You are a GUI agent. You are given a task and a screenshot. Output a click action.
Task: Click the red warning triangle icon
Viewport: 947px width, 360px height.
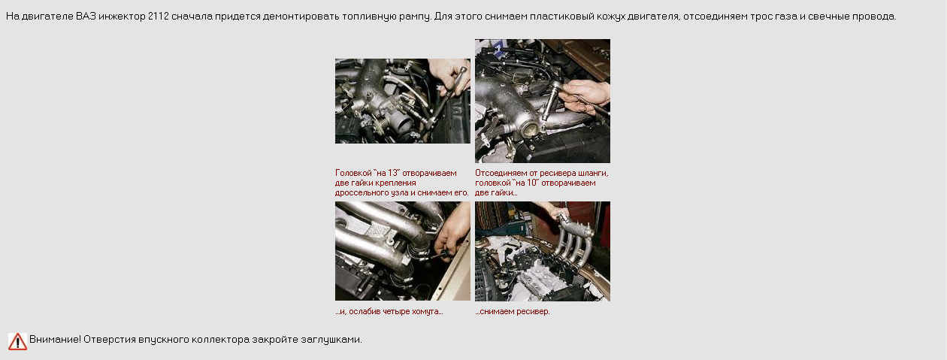tap(17, 341)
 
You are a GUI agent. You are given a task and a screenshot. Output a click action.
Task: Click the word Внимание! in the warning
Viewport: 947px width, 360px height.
tap(55, 339)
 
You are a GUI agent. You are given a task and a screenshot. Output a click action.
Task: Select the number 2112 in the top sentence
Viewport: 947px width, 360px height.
tap(159, 17)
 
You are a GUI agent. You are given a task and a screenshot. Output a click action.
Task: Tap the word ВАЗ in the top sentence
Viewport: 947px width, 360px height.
tap(86, 17)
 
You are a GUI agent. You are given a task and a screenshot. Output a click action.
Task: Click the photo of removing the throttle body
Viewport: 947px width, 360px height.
tap(403, 101)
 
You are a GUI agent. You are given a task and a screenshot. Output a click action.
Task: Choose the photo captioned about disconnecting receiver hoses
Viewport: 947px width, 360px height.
tap(543, 101)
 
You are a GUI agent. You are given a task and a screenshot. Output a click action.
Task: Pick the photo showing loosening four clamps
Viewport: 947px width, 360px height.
tap(403, 251)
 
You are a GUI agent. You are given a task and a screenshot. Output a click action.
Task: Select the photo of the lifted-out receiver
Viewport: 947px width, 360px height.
tap(543, 251)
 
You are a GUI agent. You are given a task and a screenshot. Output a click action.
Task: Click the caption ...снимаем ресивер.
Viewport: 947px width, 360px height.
tap(513, 311)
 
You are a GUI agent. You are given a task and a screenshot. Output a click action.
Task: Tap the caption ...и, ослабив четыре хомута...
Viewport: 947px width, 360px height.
tap(389, 311)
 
